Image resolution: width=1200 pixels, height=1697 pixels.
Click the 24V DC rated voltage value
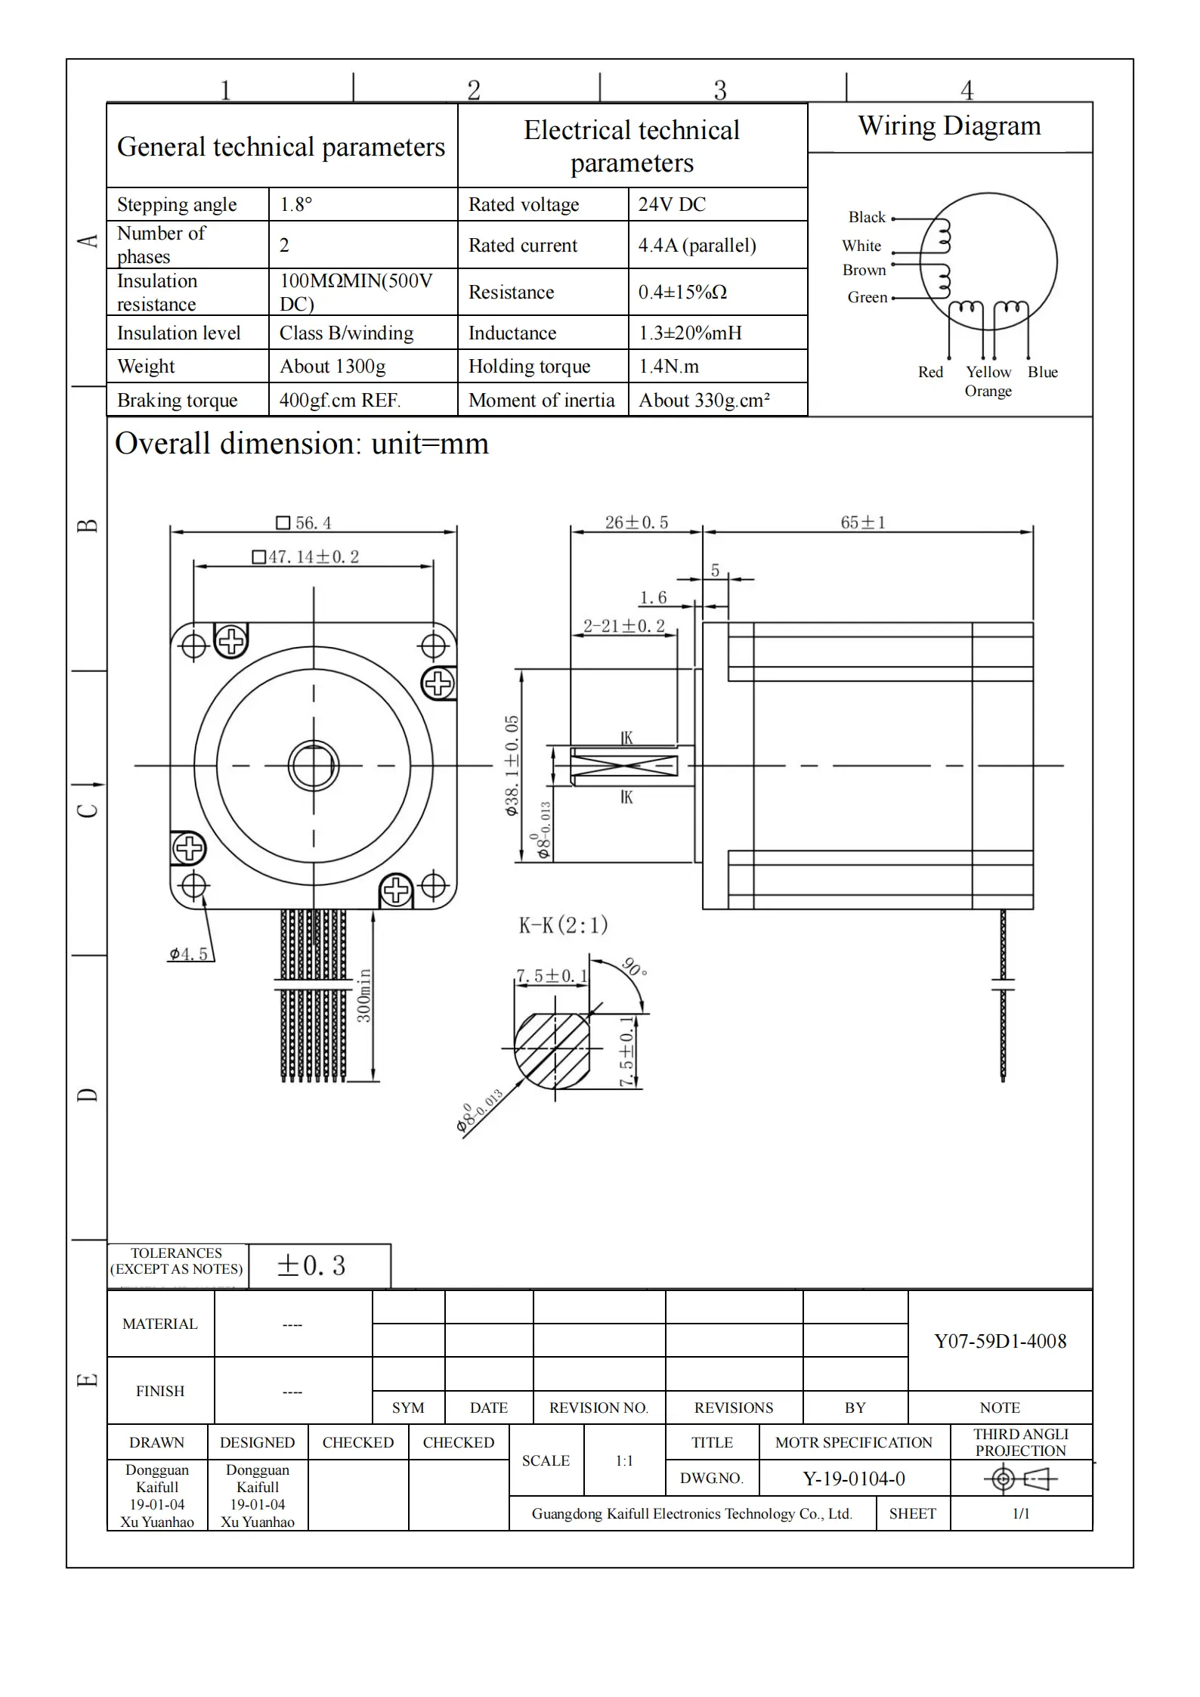pyautogui.click(x=672, y=204)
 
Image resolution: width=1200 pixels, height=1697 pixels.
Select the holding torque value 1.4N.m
pyautogui.click(x=669, y=367)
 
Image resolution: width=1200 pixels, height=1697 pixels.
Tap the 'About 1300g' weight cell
pyautogui.click(x=332, y=367)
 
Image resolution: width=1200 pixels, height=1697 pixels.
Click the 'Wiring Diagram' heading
pyautogui.click(x=949, y=125)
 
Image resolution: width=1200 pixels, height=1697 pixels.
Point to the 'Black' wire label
pyautogui.click(x=867, y=218)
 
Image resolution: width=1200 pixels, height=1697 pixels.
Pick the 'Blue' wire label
pyautogui.click(x=1042, y=372)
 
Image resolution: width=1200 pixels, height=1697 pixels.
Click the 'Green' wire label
pyautogui.click(x=867, y=297)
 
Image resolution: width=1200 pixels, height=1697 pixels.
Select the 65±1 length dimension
pyautogui.click(x=862, y=522)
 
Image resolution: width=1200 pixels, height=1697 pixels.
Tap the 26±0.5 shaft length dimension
pyautogui.click(x=636, y=522)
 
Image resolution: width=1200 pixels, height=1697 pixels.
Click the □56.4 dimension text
pyautogui.click(x=304, y=523)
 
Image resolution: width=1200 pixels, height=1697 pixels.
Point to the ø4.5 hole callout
pyautogui.click(x=188, y=954)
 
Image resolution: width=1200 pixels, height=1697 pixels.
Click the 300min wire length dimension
pyautogui.click(x=364, y=996)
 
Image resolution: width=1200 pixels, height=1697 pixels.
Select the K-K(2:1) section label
pyautogui.click(x=563, y=924)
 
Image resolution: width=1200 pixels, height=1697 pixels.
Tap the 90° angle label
pyautogui.click(x=633, y=968)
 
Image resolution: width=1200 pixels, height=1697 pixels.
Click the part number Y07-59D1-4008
pyautogui.click(x=1000, y=1341)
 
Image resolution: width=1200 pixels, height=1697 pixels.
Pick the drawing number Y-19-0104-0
pyautogui.click(x=853, y=1479)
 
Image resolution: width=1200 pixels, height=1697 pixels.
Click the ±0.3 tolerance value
pyautogui.click(x=311, y=1265)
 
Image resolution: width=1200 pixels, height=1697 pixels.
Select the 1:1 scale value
pyautogui.click(x=623, y=1460)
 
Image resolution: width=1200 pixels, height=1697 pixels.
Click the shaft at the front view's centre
pyautogui.click(x=313, y=766)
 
